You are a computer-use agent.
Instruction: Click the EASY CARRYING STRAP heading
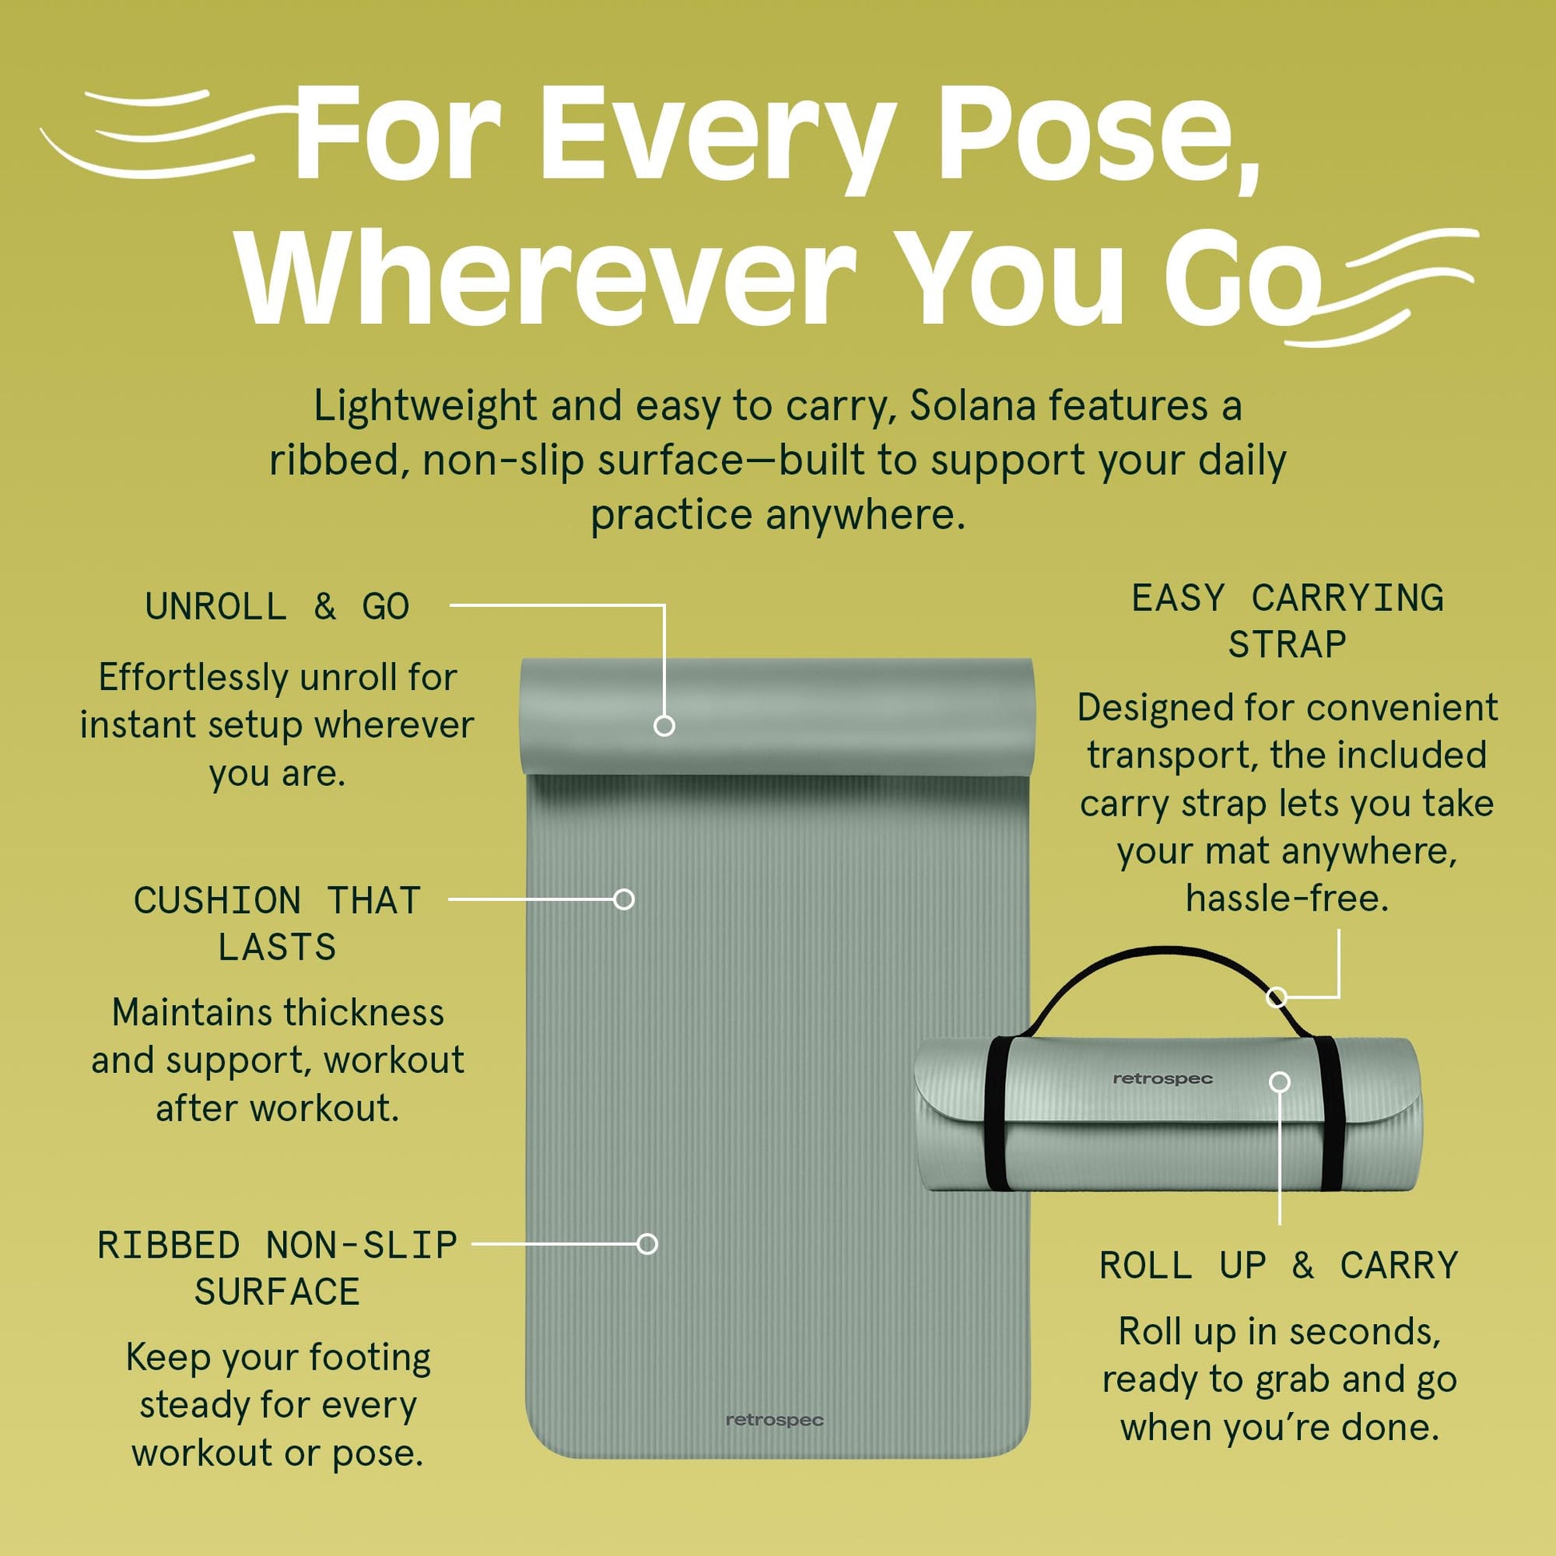click(x=1287, y=621)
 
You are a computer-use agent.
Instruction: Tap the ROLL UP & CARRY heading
click(x=1279, y=1265)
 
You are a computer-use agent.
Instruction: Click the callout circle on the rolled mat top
click(x=664, y=726)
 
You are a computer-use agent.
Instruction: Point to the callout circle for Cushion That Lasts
click(x=624, y=899)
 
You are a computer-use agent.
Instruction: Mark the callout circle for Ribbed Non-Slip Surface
click(x=647, y=1243)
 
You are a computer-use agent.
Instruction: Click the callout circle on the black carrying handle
click(x=1275, y=998)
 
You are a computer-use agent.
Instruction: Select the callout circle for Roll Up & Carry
click(x=1280, y=1082)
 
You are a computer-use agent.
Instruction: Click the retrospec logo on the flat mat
click(x=774, y=1420)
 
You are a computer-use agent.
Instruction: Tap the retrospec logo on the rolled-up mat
click(x=1162, y=1079)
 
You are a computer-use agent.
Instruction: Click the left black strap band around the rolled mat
click(x=996, y=1115)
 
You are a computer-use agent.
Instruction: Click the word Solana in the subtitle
click(x=972, y=405)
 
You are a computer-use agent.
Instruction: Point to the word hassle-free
click(x=1287, y=898)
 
